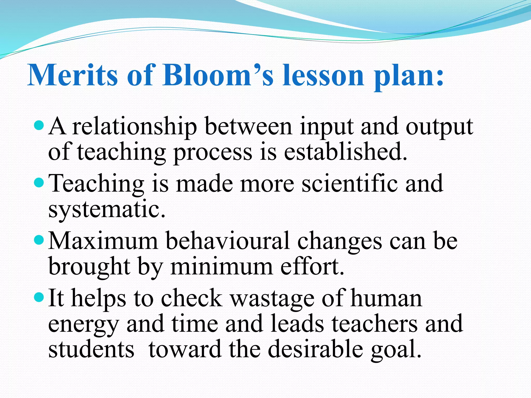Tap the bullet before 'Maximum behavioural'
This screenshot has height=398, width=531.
39,240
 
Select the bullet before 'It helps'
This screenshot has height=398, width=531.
39,297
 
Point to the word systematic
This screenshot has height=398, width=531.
106,210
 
